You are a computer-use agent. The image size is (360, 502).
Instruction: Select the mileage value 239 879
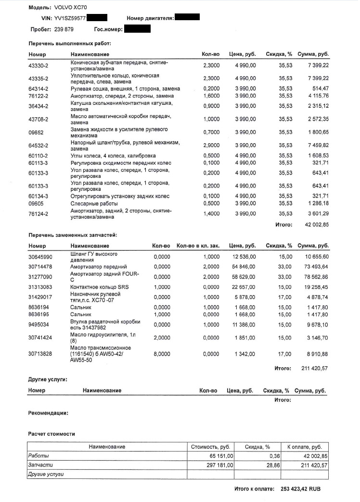pyautogui.click(x=64, y=29)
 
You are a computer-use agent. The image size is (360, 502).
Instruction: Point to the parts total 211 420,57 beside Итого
pyautogui.click(x=315, y=368)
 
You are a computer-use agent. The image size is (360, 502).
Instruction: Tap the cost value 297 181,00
pyautogui.click(x=218, y=465)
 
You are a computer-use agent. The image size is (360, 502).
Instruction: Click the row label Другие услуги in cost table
pyautogui.click(x=46, y=475)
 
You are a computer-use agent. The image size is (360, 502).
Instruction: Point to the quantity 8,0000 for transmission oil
pyautogui.click(x=162, y=354)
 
